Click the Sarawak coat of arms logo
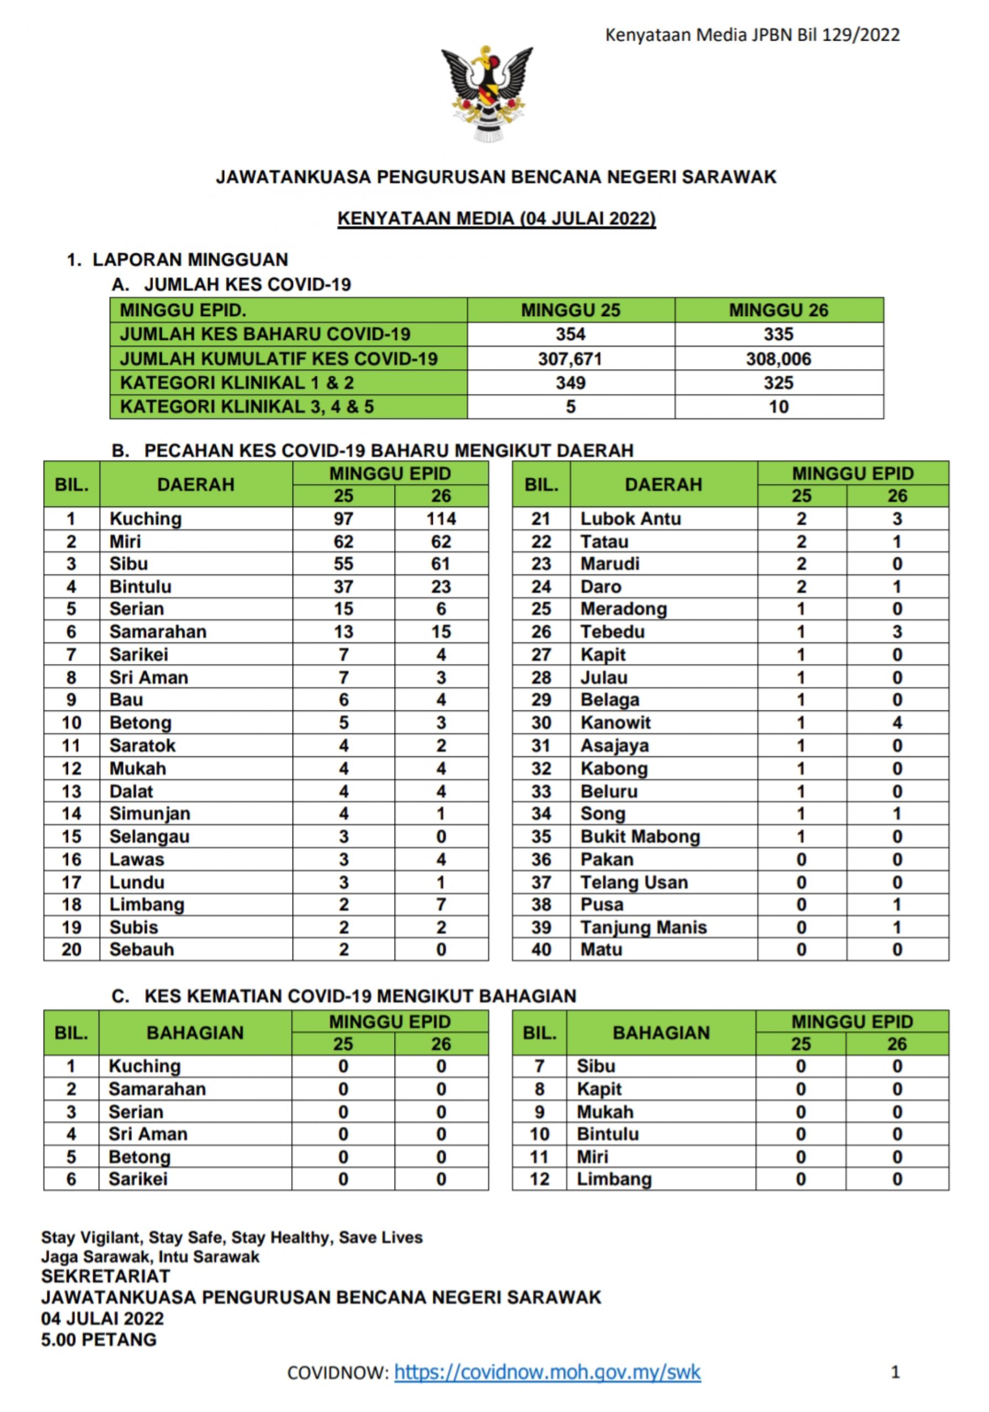487,93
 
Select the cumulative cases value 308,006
779,359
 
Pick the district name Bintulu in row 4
140,587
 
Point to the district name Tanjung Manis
643,927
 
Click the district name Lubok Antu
630,518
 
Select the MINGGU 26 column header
779,310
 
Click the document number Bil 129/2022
848,35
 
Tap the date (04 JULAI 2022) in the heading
588,218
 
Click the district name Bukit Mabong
640,836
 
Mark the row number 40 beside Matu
541,950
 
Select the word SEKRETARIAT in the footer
105,1276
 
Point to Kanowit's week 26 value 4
897,723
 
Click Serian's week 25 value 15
343,609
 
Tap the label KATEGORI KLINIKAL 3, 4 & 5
247,407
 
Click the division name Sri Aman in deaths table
148,1134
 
